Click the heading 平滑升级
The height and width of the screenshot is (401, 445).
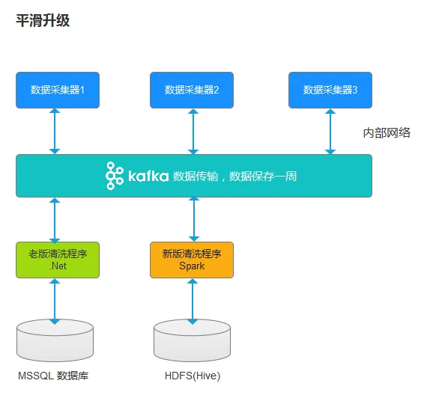pyautogui.click(x=43, y=20)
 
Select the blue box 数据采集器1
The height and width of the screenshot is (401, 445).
pyautogui.click(x=58, y=90)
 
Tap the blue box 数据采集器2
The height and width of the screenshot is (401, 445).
pyautogui.click(x=192, y=90)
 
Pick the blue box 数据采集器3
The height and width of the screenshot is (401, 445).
pyautogui.click(x=330, y=90)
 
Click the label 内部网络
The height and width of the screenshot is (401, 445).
pyautogui.click(x=387, y=132)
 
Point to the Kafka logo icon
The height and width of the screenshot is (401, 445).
pyautogui.click(x=115, y=176)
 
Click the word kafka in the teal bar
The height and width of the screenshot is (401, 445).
pyautogui.click(x=148, y=176)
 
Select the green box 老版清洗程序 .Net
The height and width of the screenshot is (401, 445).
pyautogui.click(x=58, y=260)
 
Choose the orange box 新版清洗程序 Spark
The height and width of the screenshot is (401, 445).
pyautogui.click(x=192, y=260)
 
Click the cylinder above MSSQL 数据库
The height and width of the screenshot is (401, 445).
pyautogui.click(x=55, y=340)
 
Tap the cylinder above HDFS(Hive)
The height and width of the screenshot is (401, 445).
pyautogui.click(x=192, y=340)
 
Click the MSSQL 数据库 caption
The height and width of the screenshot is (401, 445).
pyautogui.click(x=53, y=376)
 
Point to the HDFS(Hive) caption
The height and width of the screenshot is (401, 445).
pyautogui.click(x=193, y=376)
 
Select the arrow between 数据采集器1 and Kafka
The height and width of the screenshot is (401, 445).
pyautogui.click(x=55, y=131)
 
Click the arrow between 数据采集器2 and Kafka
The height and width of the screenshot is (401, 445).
pyautogui.click(x=193, y=131)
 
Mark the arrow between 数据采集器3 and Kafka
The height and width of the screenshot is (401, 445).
pyautogui.click(x=330, y=131)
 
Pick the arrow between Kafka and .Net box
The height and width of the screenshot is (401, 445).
pyautogui.click(x=55, y=220)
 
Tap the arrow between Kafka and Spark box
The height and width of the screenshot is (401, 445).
pyautogui.click(x=194, y=218)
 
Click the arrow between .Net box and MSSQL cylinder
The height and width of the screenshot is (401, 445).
pyautogui.click(x=55, y=301)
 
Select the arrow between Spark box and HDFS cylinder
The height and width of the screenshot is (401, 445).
pyautogui.click(x=193, y=301)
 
